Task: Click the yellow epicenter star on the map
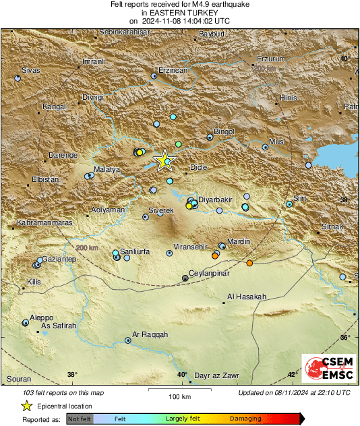(x=164, y=160)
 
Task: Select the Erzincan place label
(x=172, y=70)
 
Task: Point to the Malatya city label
(x=107, y=169)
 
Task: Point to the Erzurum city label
(x=272, y=59)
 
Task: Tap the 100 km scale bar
(x=177, y=390)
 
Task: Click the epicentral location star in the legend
(x=26, y=406)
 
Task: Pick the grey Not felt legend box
(x=80, y=419)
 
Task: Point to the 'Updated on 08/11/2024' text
(x=294, y=392)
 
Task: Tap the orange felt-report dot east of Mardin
(x=249, y=263)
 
